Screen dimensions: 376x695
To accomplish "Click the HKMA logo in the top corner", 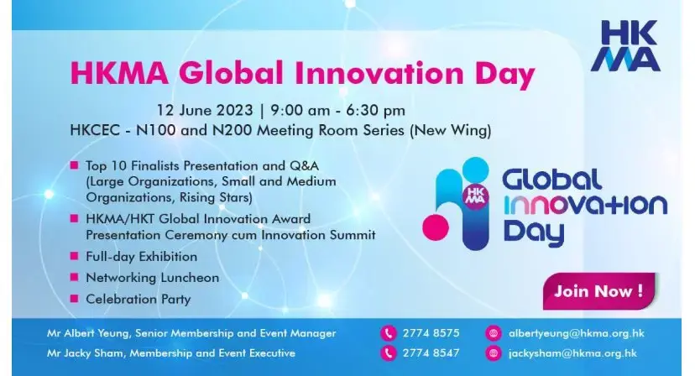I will click(625, 45).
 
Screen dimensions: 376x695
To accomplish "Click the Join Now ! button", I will click(598, 292).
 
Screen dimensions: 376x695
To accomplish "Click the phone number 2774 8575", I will click(431, 333).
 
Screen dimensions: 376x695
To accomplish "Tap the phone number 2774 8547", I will click(431, 353).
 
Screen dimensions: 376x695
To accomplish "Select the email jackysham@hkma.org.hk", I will click(563, 353).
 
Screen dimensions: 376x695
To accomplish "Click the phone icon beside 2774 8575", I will click(389, 333).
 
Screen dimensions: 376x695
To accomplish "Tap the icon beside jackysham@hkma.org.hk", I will click(493, 353).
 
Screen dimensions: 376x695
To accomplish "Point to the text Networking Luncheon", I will click(140, 278).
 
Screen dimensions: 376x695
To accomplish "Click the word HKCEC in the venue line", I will click(93, 130).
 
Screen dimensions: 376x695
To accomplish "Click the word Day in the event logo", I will click(533, 232).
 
